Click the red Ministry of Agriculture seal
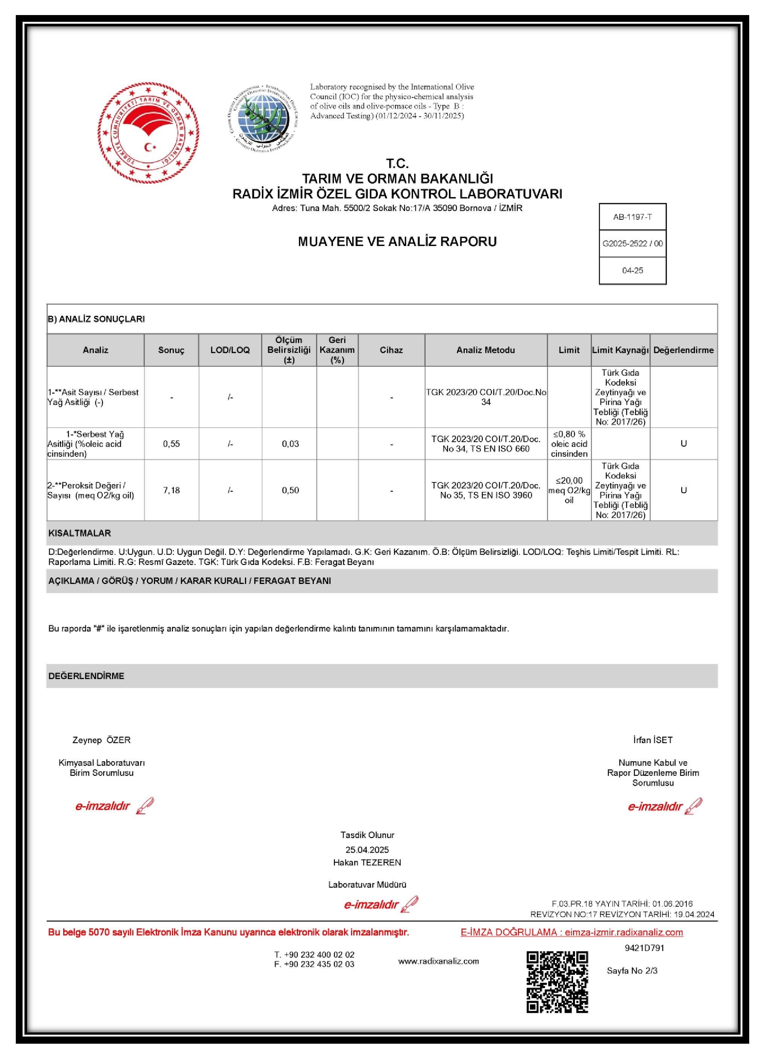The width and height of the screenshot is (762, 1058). pos(148,133)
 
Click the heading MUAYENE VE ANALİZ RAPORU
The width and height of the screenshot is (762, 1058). pos(397,242)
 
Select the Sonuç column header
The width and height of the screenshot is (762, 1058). pos(171,350)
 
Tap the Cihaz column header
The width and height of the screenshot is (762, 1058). pos(391,350)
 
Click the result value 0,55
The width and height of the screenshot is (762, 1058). pos(171,444)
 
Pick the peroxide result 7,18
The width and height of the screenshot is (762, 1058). pos(171,490)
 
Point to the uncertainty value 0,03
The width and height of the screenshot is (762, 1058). pos(290,444)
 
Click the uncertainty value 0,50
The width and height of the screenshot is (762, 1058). pos(290,490)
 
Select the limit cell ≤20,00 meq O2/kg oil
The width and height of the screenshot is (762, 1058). pos(569,490)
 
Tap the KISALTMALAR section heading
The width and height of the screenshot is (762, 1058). pos(80,533)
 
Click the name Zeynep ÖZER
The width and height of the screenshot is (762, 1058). pos(101,740)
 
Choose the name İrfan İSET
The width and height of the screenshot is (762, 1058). pos(652,740)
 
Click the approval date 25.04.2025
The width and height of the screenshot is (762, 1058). pos(367,850)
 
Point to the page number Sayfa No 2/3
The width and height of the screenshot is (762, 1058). pos(632,971)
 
